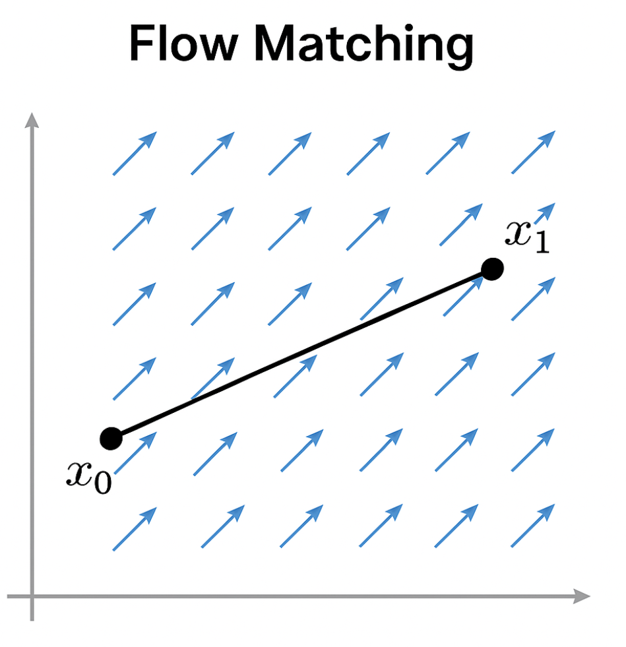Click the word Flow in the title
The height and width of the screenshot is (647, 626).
[x=181, y=44]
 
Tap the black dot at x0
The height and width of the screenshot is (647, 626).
[x=111, y=438]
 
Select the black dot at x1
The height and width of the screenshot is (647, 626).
[x=492, y=269]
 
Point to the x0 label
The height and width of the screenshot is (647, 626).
[x=88, y=474]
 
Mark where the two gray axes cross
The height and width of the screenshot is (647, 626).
[x=31, y=597]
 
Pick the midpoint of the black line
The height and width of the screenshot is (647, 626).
[x=301, y=354]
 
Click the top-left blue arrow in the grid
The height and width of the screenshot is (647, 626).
[x=135, y=153]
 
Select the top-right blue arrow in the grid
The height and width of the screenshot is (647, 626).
[x=533, y=152]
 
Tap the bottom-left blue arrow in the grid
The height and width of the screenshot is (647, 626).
[x=135, y=528]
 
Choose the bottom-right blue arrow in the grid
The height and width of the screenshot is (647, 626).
[x=533, y=526]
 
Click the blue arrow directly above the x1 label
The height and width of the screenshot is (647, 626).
[x=533, y=152]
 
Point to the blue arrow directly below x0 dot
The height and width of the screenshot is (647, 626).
[x=135, y=528]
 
